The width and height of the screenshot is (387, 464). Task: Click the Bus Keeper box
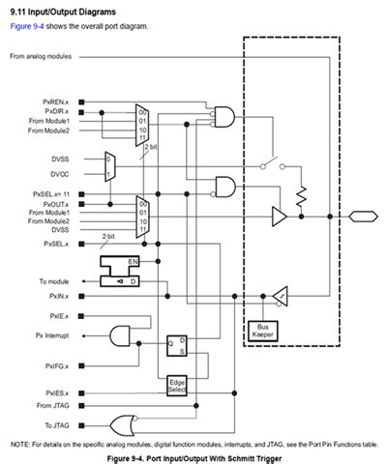tap(262, 329)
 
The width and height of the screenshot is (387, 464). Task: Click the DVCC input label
tap(59, 175)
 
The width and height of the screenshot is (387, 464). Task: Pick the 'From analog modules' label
tap(45, 56)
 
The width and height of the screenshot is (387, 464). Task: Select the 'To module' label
tap(55, 280)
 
